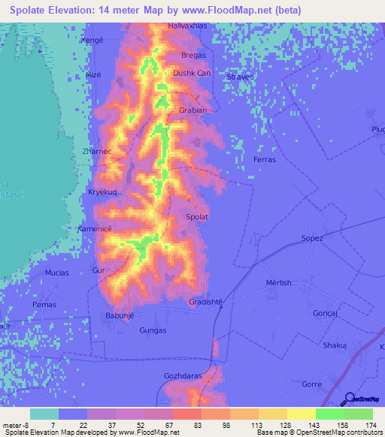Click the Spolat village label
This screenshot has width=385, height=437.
click(x=197, y=217)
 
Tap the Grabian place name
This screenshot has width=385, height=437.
click(x=192, y=110)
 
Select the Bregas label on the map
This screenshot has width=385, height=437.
click(x=193, y=56)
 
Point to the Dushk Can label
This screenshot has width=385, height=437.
click(x=192, y=74)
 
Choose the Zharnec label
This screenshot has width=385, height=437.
click(x=96, y=151)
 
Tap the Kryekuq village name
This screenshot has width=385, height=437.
click(x=103, y=192)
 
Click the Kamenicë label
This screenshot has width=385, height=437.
click(x=95, y=228)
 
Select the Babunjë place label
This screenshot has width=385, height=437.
click(x=119, y=315)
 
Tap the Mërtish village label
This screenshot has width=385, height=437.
click(x=278, y=282)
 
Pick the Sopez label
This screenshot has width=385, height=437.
click(x=311, y=238)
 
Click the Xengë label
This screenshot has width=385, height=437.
click(x=92, y=40)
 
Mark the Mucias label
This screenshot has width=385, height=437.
click(x=57, y=273)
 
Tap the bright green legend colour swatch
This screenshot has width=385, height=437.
click(x=329, y=414)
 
